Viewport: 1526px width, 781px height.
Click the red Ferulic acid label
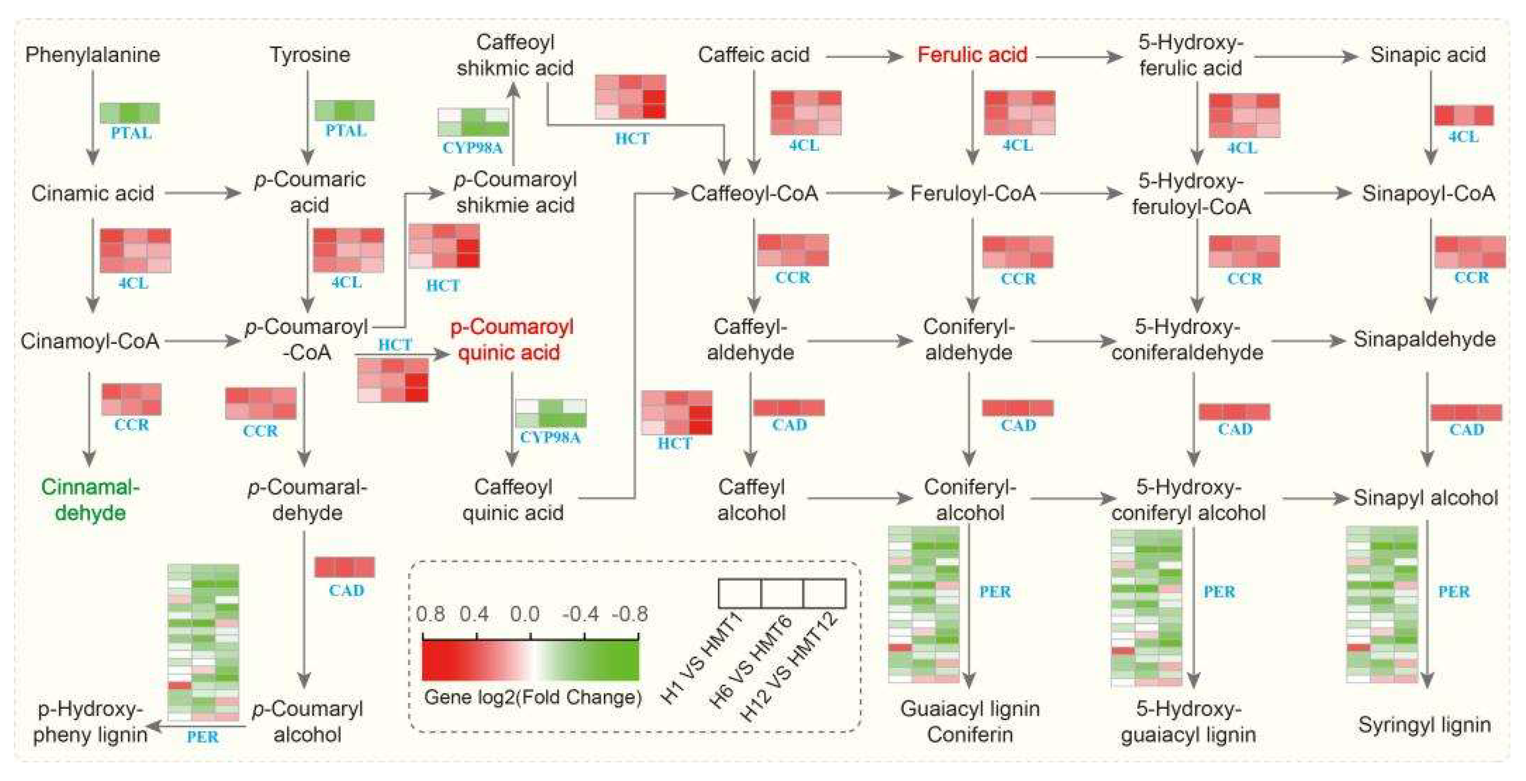coord(972,55)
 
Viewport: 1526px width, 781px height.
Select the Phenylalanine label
coord(92,55)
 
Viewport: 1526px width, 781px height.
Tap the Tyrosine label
coord(310,55)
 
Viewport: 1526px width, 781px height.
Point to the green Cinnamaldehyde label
coord(90,500)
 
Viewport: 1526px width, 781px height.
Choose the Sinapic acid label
coord(1427,55)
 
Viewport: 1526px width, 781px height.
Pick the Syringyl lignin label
coord(1424,724)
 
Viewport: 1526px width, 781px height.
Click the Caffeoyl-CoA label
coord(754,193)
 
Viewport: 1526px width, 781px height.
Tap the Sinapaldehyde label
coord(1424,339)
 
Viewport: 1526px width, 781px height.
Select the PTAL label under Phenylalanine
coord(131,133)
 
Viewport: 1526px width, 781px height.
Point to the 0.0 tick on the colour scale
coord(525,614)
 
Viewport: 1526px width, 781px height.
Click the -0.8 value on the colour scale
coord(629,614)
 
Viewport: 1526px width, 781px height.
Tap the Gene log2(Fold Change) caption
coord(533,697)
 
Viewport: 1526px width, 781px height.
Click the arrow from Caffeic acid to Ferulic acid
coord(864,57)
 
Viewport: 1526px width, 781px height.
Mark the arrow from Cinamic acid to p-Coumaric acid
coord(203,193)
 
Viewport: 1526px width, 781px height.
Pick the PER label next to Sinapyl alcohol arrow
coord(1454,592)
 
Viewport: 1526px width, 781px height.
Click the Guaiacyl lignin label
coord(970,709)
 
